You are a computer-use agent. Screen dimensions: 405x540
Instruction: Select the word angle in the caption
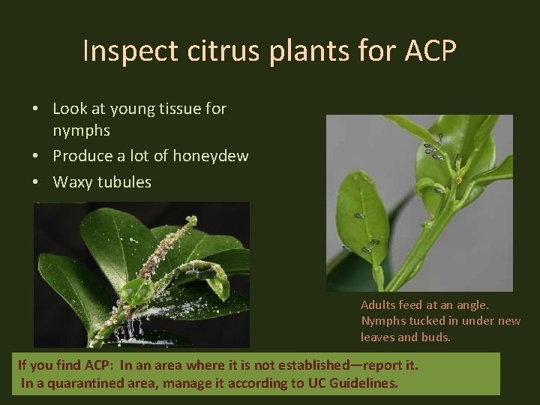point(472,304)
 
